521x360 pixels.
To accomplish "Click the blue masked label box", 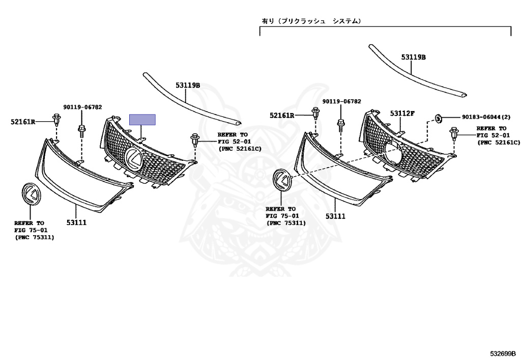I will point(142,120).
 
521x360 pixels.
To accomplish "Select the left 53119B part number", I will point(188,86).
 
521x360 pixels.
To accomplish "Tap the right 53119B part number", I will point(413,58).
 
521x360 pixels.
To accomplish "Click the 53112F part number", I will point(402,113).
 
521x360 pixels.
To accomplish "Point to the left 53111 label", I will point(77,222).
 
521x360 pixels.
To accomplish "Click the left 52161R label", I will point(23,121).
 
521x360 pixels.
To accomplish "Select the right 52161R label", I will point(282,116).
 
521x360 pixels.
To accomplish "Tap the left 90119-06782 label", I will point(82,107).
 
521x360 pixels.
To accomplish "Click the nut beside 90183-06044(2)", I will point(438,118).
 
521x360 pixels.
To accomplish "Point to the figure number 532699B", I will point(503,353).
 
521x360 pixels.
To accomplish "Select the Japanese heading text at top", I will point(311,21).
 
